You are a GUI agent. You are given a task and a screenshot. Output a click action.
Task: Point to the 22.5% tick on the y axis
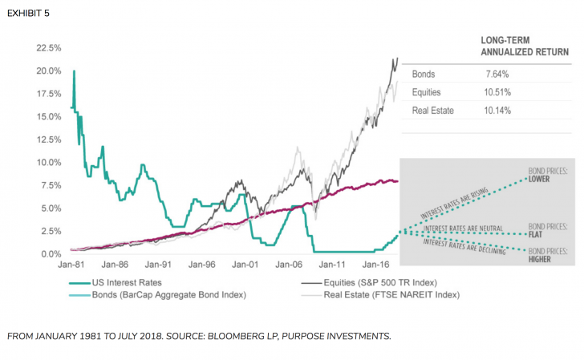pos(50,48)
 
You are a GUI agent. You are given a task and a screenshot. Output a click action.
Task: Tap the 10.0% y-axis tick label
pos(50,162)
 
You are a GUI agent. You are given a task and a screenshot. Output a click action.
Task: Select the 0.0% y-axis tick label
pos(52,254)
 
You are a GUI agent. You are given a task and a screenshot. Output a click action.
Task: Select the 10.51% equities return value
pos(497,92)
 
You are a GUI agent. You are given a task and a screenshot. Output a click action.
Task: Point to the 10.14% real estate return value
pos(497,110)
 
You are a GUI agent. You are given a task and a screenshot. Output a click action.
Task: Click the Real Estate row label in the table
pos(432,110)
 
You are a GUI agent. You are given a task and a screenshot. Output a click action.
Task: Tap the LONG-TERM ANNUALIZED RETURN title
pos(525,46)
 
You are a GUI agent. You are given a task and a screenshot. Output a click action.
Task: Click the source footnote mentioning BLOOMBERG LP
pos(199,336)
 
